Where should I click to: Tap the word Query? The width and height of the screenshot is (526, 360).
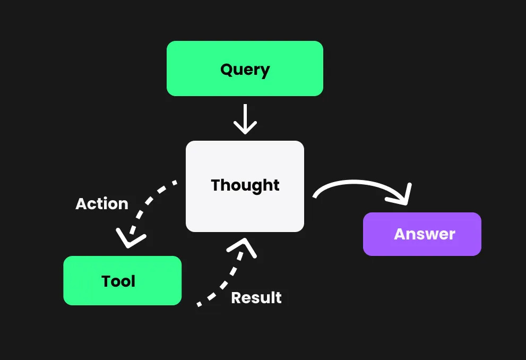pyautogui.click(x=245, y=70)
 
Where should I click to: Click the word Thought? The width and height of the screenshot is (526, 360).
pyautogui.click(x=245, y=185)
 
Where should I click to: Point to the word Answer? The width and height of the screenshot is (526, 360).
pyautogui.click(x=424, y=234)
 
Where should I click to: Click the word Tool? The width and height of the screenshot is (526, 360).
pyautogui.click(x=118, y=281)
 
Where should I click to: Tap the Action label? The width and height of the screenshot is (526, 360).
pyautogui.click(x=102, y=204)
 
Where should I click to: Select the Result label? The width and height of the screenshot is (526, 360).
pyautogui.click(x=256, y=298)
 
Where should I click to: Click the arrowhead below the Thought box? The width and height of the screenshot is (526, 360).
pyautogui.click(x=243, y=245)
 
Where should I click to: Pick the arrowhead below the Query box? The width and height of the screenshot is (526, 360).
pyautogui.click(x=245, y=127)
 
